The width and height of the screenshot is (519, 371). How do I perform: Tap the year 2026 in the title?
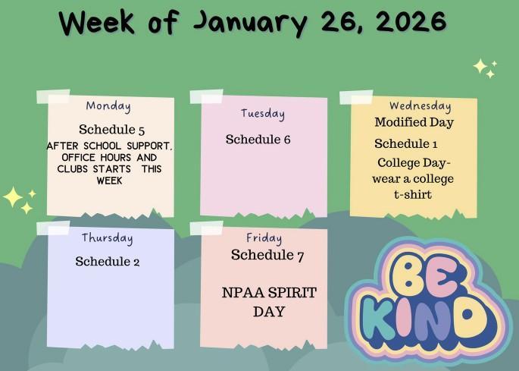click(x=408, y=20)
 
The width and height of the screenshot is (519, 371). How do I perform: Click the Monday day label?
click(x=108, y=106)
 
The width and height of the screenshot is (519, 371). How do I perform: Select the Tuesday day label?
click(x=263, y=114)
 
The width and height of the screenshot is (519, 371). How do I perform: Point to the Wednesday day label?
click(x=420, y=106)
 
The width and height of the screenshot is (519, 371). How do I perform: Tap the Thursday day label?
click(x=108, y=238)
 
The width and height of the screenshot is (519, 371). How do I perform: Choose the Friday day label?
click(x=264, y=239)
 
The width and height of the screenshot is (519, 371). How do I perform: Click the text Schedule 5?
click(x=111, y=129)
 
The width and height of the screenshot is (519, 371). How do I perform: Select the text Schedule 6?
click(x=258, y=140)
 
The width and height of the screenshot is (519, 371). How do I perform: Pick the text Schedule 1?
click(x=406, y=144)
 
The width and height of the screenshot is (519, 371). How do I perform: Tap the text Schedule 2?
click(x=108, y=262)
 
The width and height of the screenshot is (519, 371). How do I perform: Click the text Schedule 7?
click(x=267, y=255)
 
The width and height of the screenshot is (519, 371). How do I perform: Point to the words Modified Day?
click(x=414, y=122)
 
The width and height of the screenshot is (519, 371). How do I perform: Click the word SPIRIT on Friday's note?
click(x=291, y=293)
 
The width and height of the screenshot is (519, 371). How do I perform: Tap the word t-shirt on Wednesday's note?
click(x=413, y=195)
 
